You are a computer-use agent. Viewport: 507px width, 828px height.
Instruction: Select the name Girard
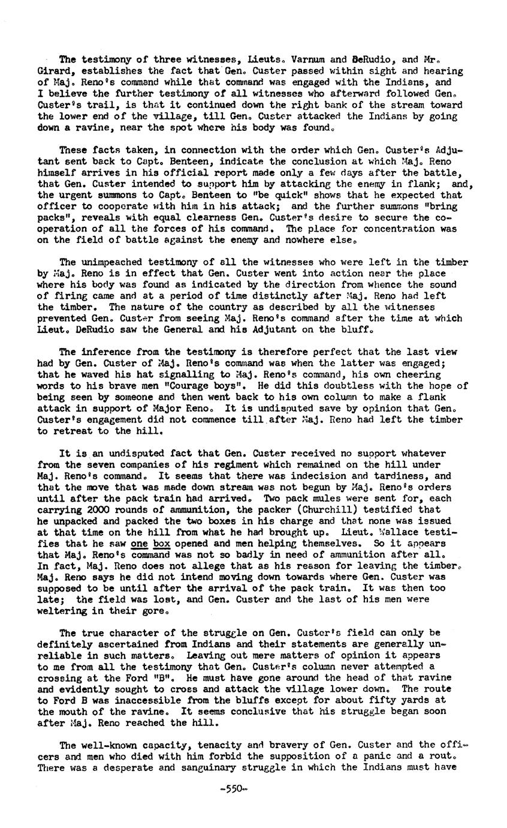53,71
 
